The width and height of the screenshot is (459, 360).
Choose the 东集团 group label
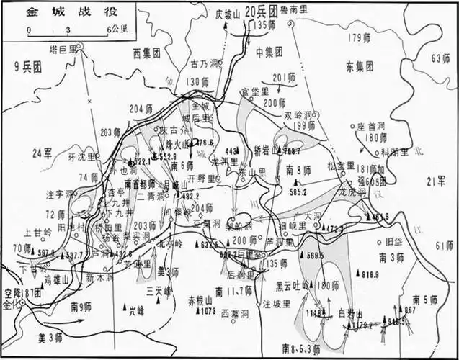pos(360,67)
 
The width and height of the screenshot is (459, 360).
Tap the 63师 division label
pos(440,58)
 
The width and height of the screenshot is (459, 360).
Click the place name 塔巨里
pos(62,47)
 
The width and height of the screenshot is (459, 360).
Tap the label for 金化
pos(12,305)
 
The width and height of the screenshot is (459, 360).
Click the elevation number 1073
pos(208,311)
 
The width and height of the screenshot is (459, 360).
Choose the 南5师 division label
pos(425,299)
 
